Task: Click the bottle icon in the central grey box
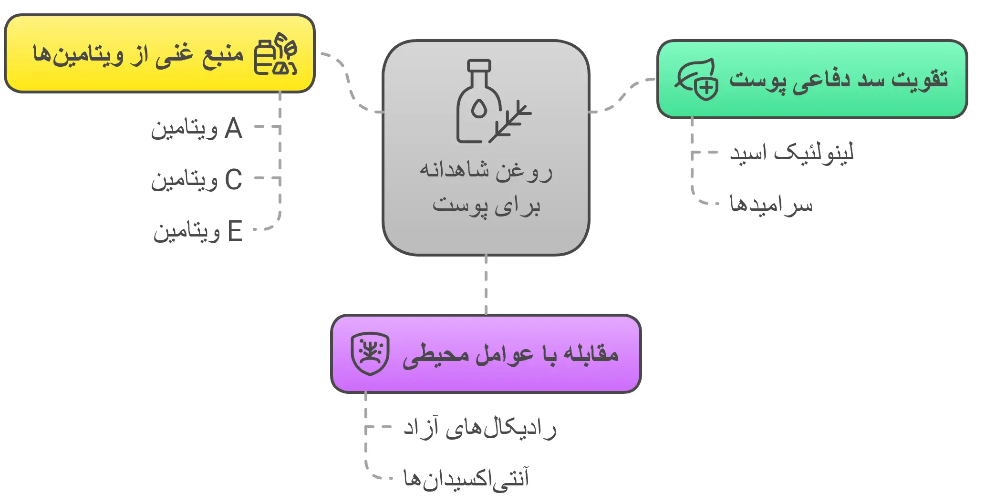pos(478,103)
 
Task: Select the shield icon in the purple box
pos(370,353)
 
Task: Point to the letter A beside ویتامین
pos(233,128)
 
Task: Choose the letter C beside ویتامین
pos(233,180)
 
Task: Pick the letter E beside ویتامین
pos(235,231)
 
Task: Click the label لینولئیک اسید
pos(791,153)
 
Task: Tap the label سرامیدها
pos(771,204)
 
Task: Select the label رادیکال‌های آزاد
pos(479,428)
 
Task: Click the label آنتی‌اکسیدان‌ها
pos(466,478)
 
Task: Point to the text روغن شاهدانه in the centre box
pos(486,170)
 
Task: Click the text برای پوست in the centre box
pos(486,206)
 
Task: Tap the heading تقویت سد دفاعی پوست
pos(838,79)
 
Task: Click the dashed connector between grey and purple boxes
pos(486,285)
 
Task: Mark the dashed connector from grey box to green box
pos(622,95)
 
